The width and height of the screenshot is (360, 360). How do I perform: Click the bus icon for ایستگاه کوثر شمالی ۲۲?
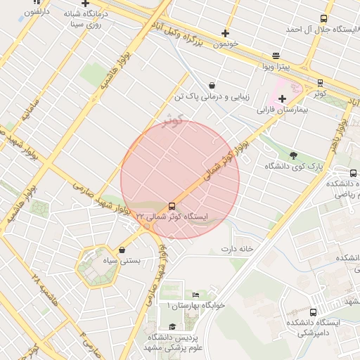(x=172, y=206)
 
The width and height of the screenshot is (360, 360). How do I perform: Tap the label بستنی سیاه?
(x=122, y=260)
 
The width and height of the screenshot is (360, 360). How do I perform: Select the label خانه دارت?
(x=236, y=248)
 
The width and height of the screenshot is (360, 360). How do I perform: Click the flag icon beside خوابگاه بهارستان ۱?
(x=195, y=295)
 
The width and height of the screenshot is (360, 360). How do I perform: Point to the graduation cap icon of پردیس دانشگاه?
(x=172, y=327)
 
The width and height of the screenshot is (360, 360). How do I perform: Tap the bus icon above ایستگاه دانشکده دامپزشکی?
(x=313, y=311)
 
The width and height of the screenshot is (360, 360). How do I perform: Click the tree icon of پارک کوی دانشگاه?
(x=293, y=155)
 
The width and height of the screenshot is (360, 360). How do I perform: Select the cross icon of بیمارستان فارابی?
(x=282, y=98)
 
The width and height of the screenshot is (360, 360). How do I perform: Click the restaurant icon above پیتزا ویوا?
(x=275, y=56)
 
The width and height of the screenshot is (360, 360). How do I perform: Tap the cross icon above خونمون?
(x=225, y=33)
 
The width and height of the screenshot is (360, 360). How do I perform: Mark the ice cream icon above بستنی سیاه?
(x=122, y=250)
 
